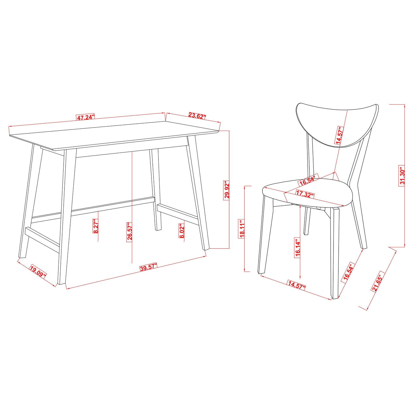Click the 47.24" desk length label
(85, 117)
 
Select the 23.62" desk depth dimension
(197, 116)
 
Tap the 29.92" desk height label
(227, 190)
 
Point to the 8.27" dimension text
(96, 226)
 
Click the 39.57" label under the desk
(149, 268)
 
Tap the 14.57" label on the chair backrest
(340, 135)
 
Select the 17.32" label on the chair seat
(305, 195)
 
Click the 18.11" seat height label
(242, 229)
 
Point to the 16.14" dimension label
(298, 248)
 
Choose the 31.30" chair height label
(402, 176)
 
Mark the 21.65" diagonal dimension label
(377, 283)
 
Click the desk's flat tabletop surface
(115, 135)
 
